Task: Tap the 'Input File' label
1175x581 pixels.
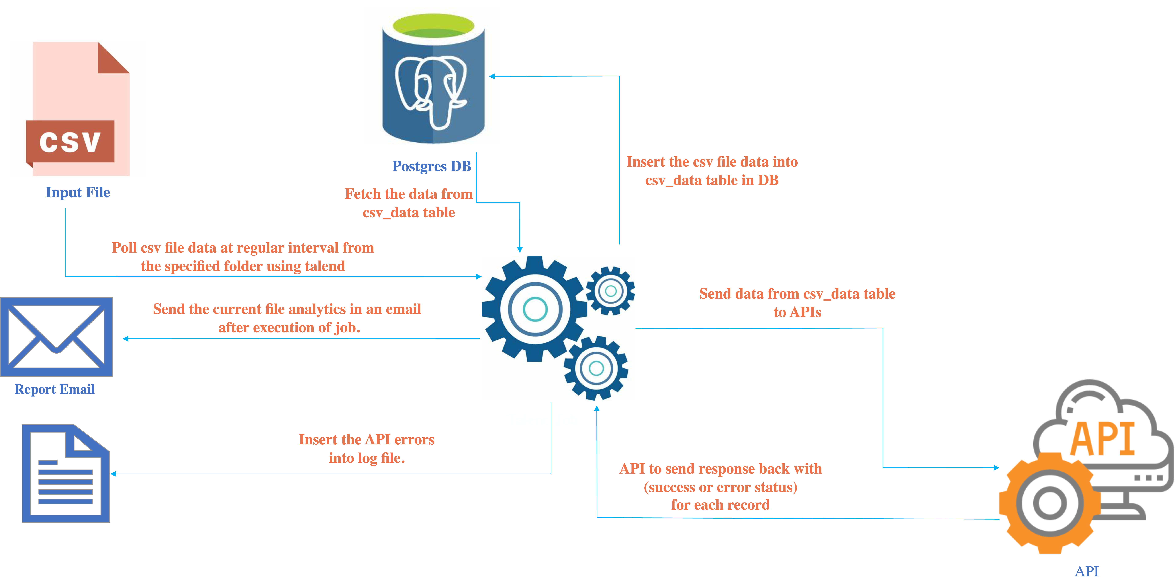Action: (78, 192)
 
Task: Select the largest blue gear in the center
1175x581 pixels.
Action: (535, 309)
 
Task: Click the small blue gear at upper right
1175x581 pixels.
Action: (610, 291)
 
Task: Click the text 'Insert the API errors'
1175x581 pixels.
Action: (366, 439)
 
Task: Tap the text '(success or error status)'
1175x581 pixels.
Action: (720, 487)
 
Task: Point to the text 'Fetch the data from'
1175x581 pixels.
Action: (408, 194)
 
